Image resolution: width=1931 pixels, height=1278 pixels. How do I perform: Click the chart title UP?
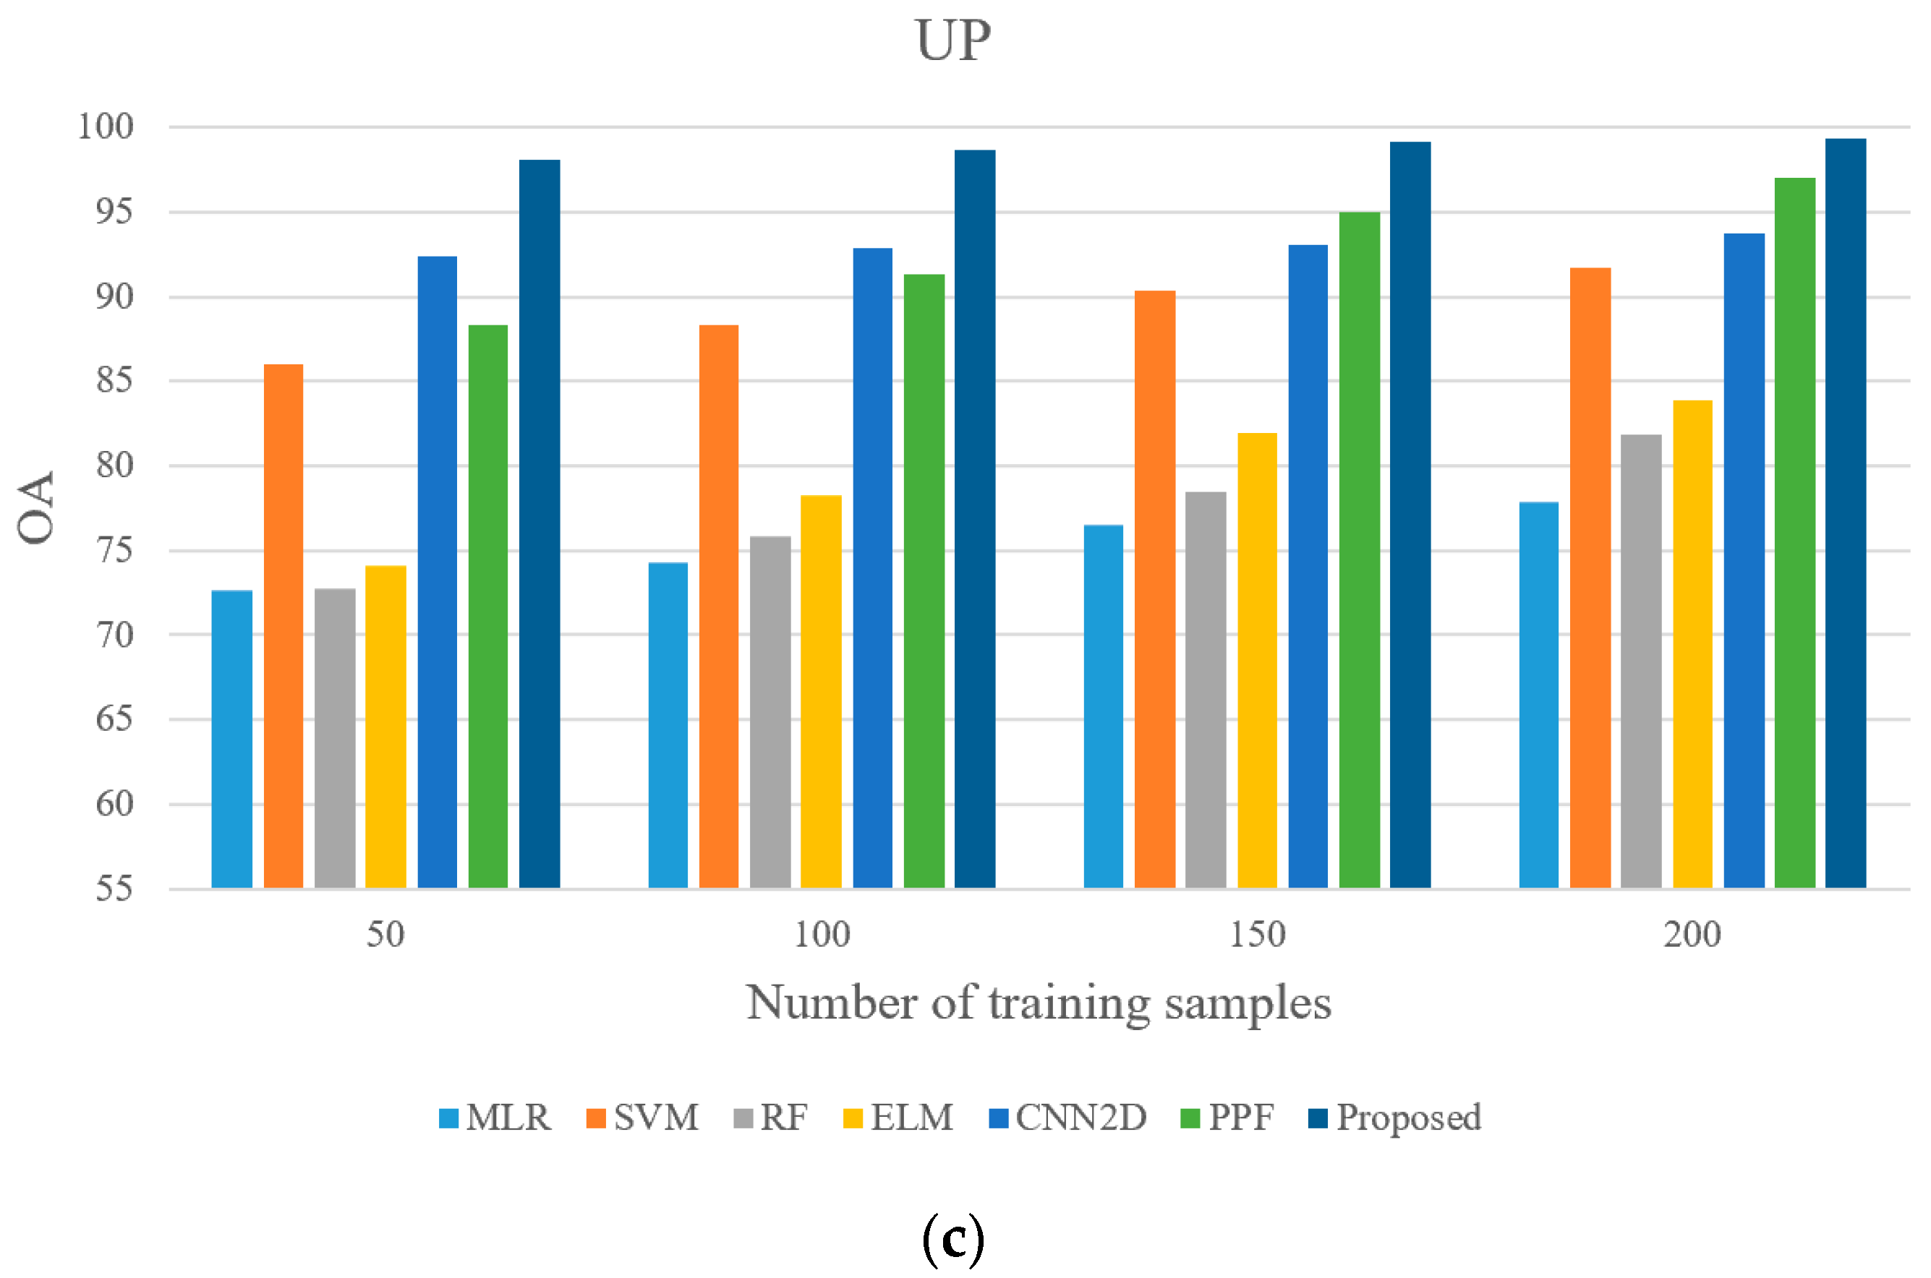click(952, 40)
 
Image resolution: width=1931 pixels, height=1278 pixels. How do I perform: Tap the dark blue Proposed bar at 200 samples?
click(1846, 513)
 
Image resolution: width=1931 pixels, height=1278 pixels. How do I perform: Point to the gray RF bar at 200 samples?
click(1641, 661)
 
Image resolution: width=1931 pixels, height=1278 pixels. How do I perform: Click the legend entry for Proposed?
click(1394, 1118)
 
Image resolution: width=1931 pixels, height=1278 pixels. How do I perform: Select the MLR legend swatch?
click(448, 1118)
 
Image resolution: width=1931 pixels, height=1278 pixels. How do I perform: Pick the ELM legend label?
click(911, 1118)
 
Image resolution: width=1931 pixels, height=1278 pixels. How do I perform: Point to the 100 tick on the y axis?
click(106, 126)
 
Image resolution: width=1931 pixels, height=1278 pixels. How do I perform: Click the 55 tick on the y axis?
click(114, 888)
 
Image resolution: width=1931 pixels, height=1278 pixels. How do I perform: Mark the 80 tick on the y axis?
click(114, 466)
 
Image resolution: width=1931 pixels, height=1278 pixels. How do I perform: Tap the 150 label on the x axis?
click(1257, 934)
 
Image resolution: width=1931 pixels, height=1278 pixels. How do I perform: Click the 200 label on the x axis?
click(1692, 934)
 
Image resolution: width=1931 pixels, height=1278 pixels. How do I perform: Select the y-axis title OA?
click(37, 507)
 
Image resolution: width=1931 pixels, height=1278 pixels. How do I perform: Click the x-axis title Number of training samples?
click(1038, 1003)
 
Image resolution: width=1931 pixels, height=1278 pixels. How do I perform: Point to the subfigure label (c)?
click(952, 1238)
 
